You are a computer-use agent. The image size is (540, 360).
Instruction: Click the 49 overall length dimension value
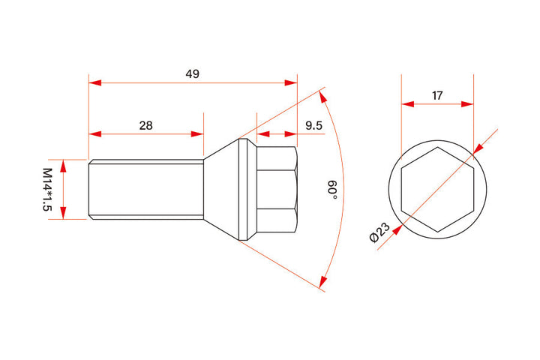(192, 73)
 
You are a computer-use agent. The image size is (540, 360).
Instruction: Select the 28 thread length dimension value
(145, 125)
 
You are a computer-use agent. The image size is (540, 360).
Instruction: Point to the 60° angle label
(331, 189)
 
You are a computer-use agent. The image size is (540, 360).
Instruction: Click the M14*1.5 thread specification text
(46, 189)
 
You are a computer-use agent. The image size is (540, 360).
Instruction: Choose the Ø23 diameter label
(379, 233)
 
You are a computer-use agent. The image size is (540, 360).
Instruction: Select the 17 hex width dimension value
(437, 95)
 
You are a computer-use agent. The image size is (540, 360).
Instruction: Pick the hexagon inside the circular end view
(437, 189)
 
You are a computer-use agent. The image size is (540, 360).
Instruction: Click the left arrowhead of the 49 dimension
(94, 84)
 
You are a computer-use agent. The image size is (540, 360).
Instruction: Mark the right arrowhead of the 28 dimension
(198, 135)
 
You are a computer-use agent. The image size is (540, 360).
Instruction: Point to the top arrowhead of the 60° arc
(323, 95)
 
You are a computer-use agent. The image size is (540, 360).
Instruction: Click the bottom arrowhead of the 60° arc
(322, 283)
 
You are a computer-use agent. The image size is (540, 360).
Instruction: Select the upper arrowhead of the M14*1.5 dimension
(64, 164)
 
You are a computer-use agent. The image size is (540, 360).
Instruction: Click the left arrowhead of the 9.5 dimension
(262, 135)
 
